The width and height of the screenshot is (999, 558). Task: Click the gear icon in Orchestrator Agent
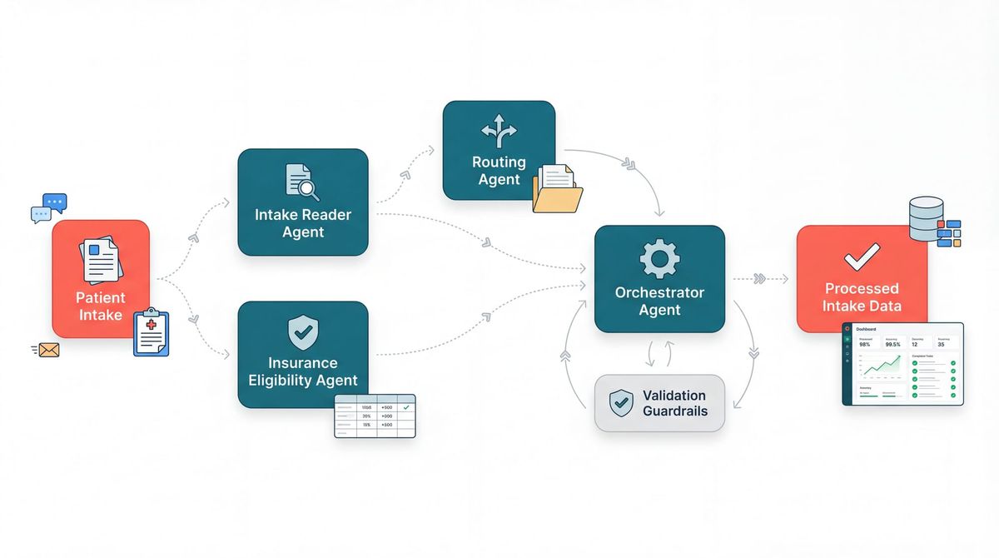coord(659,258)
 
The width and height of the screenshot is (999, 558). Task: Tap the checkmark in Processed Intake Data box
coord(861,257)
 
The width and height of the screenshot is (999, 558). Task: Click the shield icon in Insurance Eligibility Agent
coord(302,332)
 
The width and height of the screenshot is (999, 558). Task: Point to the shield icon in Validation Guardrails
coord(621,403)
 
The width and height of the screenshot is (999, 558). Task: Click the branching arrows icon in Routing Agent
coord(499,131)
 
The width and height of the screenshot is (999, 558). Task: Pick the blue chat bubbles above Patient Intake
coord(48,207)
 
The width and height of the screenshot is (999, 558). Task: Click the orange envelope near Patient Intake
coord(47,350)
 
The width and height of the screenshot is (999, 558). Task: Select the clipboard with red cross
coord(151,332)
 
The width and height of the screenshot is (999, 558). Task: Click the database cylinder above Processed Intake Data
coord(926,218)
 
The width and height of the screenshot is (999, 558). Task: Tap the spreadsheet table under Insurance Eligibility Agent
coord(375,415)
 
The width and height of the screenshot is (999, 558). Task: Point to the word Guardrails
coord(674,411)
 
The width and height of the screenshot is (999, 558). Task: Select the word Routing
coord(499,162)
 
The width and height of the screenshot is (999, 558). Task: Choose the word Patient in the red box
coord(101,297)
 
